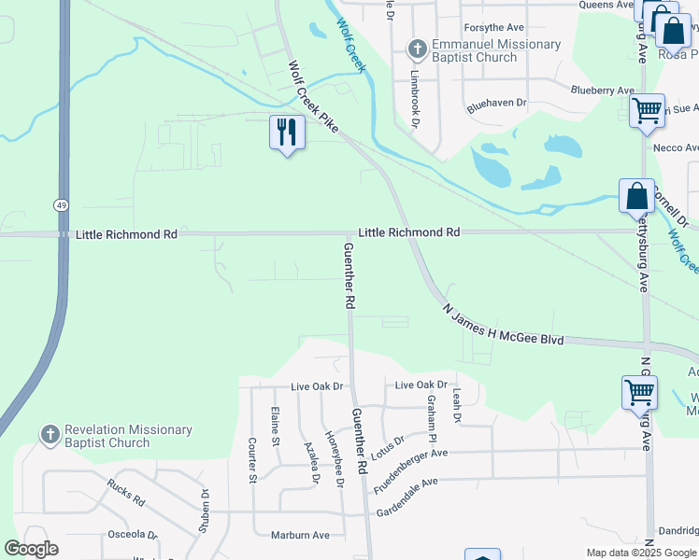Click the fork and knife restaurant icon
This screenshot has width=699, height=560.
click(x=287, y=132)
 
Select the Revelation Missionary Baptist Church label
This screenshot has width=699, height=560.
click(x=128, y=436)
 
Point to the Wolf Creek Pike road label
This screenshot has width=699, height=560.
click(x=312, y=97)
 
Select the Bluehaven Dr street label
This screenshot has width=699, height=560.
click(x=497, y=103)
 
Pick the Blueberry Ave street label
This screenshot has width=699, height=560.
click(x=602, y=90)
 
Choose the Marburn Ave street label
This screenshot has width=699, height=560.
click(x=300, y=535)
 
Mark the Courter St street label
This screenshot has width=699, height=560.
click(x=252, y=460)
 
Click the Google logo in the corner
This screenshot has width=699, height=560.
click(x=31, y=549)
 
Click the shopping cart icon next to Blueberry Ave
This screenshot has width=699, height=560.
click(x=647, y=111)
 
